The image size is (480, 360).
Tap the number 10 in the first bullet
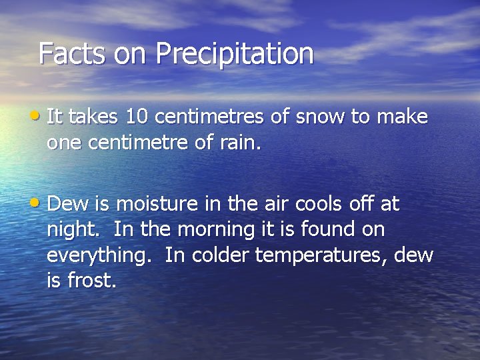pyautogui.click(x=137, y=117)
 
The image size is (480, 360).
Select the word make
pyautogui.click(x=402, y=117)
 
